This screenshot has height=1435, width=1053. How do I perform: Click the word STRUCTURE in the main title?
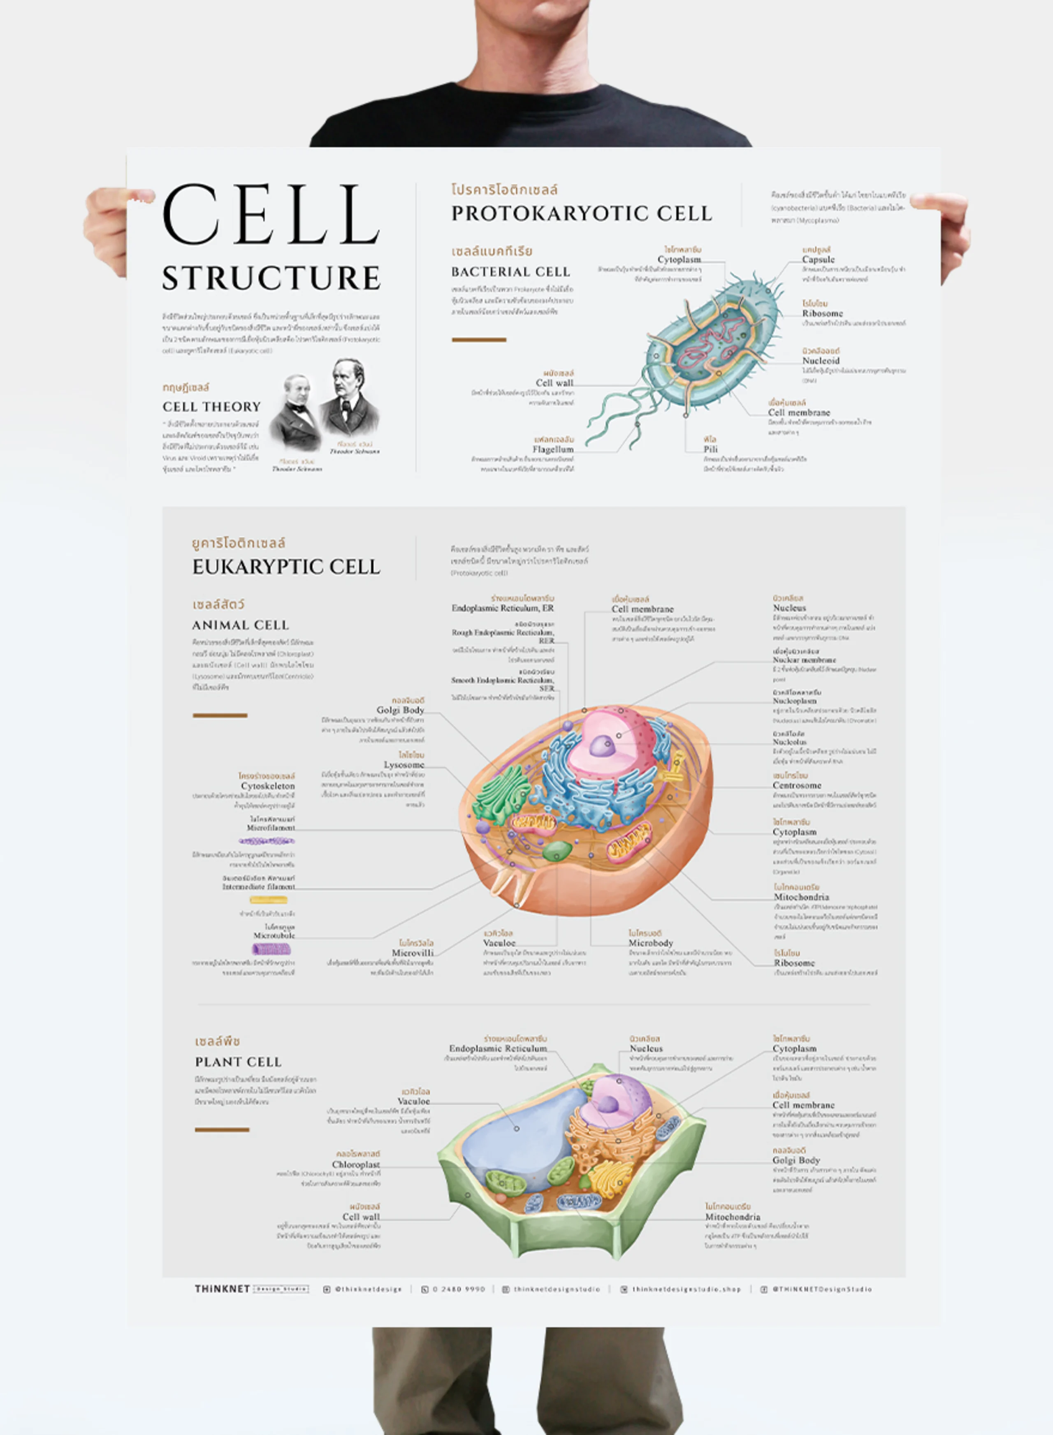click(x=271, y=278)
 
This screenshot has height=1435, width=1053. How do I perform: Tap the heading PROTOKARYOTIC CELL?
click(x=581, y=213)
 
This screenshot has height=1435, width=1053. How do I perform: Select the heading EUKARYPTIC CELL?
click(x=286, y=567)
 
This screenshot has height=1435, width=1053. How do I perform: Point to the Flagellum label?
click(x=553, y=449)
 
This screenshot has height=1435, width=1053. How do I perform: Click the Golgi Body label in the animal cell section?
click(x=400, y=710)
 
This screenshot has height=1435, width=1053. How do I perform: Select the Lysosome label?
click(x=404, y=765)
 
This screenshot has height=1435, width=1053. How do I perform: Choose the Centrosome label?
click(x=797, y=786)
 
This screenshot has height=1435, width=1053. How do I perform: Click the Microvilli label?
click(x=413, y=953)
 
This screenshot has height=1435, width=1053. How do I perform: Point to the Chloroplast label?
click(x=356, y=1164)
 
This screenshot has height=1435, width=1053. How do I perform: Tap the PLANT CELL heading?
click(x=238, y=1062)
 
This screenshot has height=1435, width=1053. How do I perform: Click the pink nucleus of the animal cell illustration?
click(x=612, y=742)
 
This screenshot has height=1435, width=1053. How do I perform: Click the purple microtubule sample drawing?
click(x=271, y=949)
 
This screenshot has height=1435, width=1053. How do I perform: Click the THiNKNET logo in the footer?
click(x=222, y=1289)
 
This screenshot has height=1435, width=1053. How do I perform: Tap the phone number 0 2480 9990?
click(x=458, y=1289)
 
